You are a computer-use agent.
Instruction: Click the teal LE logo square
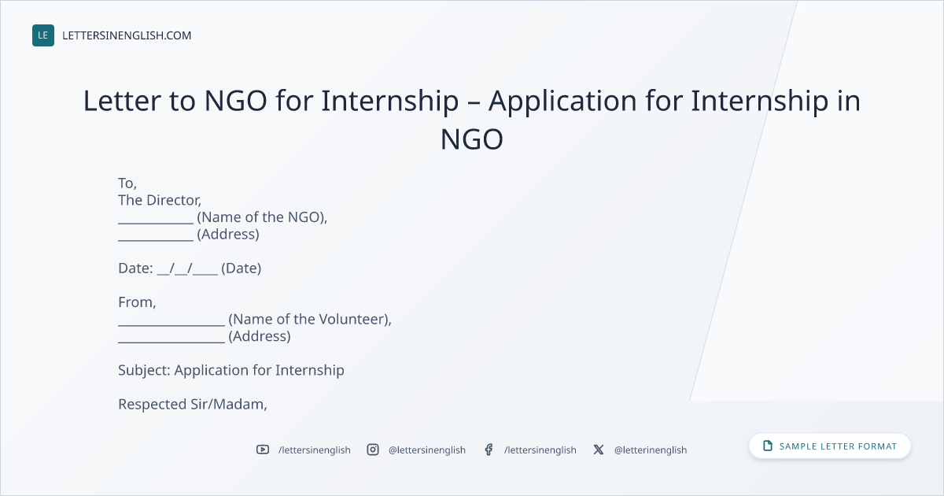[x=43, y=35]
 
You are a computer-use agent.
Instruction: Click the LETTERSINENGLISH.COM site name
[x=127, y=35]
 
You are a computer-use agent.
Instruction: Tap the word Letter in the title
[x=122, y=101]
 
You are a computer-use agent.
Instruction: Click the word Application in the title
[x=562, y=102]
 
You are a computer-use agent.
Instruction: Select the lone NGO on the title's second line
[x=471, y=139]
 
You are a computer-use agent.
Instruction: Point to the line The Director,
[x=160, y=200]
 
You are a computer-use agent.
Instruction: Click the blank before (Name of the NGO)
[x=156, y=224]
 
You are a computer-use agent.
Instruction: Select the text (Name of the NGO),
[x=262, y=217]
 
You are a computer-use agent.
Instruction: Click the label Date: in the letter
[x=135, y=268]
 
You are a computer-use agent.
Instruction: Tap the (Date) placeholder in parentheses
[x=241, y=268]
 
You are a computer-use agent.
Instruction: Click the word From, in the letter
[x=137, y=302]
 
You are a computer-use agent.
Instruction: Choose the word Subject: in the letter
[x=144, y=370]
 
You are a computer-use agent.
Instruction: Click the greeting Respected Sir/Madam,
[x=193, y=405]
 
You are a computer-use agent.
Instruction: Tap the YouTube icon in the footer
[x=263, y=450]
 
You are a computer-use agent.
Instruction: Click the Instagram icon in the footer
[x=373, y=450]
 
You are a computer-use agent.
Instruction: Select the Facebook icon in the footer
[x=489, y=450]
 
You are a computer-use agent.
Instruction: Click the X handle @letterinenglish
[x=651, y=450]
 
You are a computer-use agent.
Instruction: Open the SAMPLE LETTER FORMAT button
[x=829, y=446]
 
